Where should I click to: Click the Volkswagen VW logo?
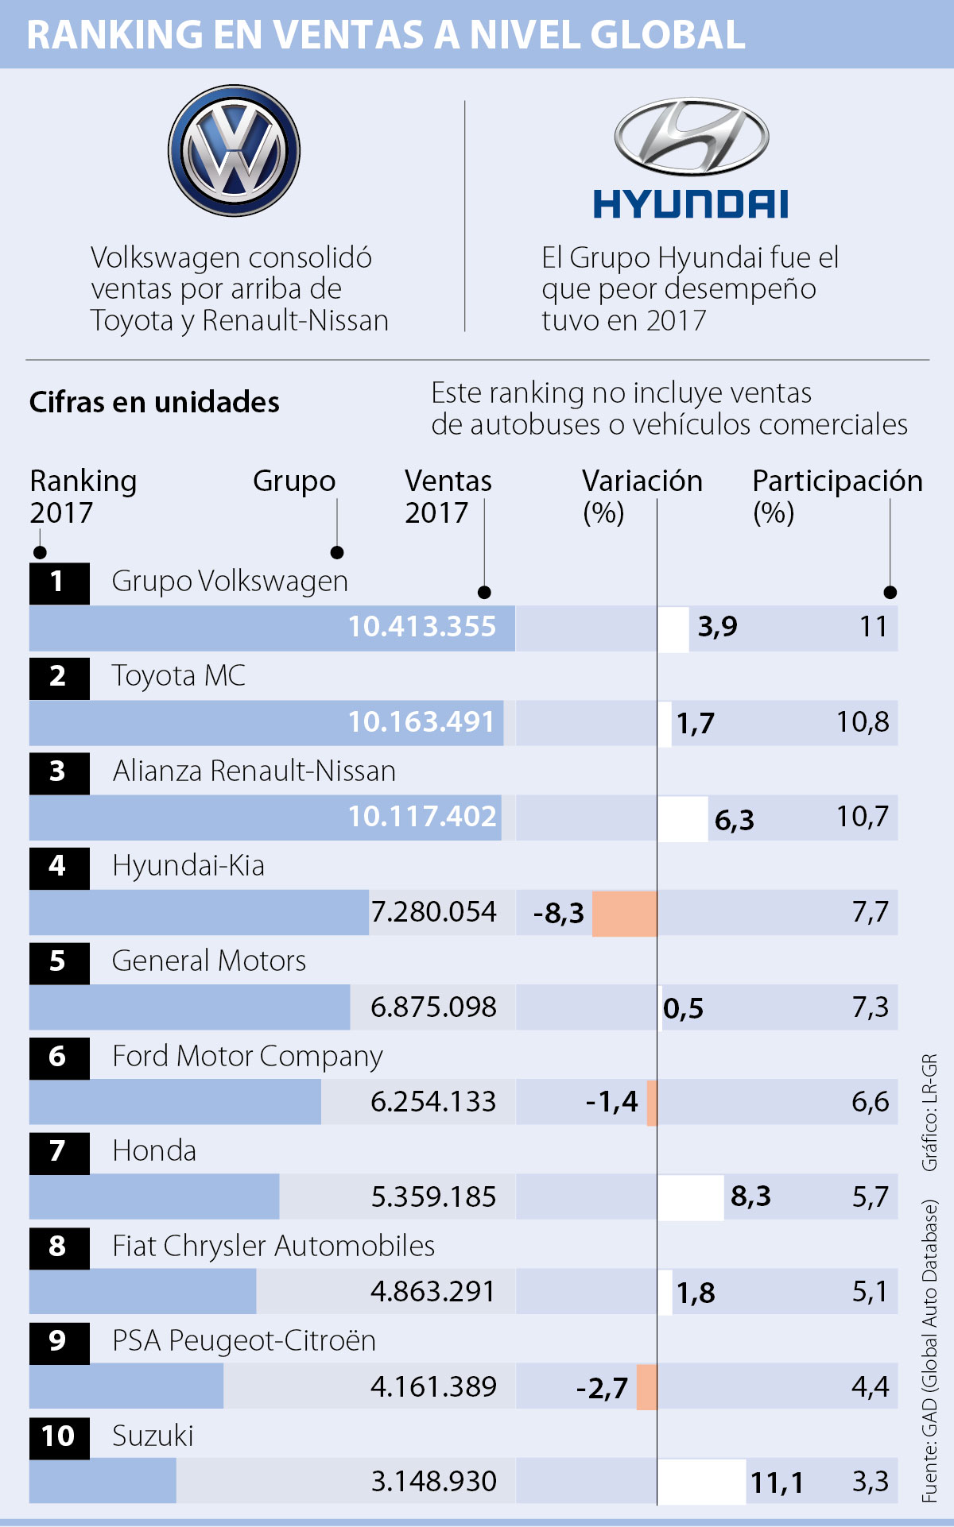click(x=234, y=151)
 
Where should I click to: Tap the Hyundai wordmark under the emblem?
click(x=690, y=204)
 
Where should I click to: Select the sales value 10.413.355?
click(x=421, y=627)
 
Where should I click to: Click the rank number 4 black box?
click(x=59, y=867)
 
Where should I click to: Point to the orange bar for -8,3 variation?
click(x=624, y=913)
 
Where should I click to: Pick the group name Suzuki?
click(x=153, y=1436)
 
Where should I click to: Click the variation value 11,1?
click(x=777, y=1483)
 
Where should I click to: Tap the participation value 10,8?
click(x=863, y=722)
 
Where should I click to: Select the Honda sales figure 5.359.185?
click(x=433, y=1196)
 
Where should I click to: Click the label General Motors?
click(x=209, y=961)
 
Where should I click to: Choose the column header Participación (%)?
click(x=837, y=496)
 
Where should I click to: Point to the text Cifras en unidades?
click(x=154, y=402)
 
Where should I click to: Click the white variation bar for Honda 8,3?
click(x=690, y=1196)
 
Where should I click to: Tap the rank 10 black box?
click(x=59, y=1436)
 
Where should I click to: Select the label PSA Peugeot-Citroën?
click(x=244, y=1341)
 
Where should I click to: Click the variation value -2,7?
click(x=602, y=1388)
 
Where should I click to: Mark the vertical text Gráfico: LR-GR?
click(x=929, y=1112)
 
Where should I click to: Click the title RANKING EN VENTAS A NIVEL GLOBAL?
click(x=386, y=35)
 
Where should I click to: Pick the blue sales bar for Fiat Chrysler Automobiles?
click(x=143, y=1292)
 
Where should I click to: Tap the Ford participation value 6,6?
click(x=870, y=1102)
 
